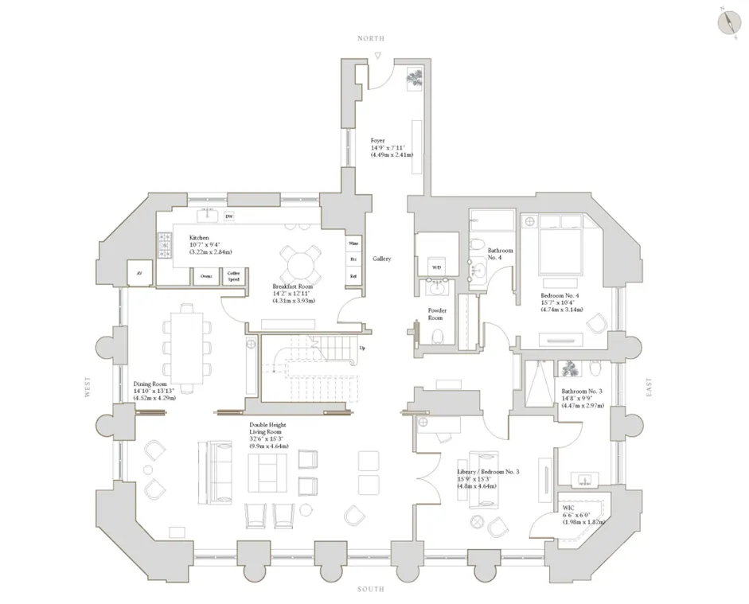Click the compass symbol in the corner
tap(728, 21)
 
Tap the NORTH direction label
tap(371, 38)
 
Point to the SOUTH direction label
tap(371, 589)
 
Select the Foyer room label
tap(378, 141)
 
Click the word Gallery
tap(382, 259)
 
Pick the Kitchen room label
tap(199, 238)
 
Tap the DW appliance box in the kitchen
tap(229, 216)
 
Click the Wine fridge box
tap(353, 244)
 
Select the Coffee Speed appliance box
tap(232, 276)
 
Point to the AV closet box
tap(139, 273)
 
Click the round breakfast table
tap(302, 263)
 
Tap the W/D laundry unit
tap(436, 267)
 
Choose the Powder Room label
tap(437, 314)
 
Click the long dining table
tap(187, 348)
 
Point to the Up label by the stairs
tap(362, 348)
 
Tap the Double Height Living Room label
tap(267, 430)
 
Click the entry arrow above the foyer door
tap(379, 56)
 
